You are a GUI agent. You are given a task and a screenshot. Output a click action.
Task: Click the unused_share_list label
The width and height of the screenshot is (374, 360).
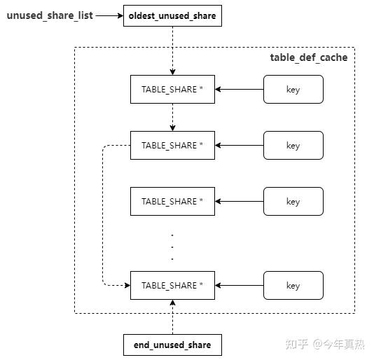50,15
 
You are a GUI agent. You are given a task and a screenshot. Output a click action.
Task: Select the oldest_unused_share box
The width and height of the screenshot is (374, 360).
172,15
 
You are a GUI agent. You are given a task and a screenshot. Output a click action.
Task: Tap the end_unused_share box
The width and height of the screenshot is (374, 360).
172,345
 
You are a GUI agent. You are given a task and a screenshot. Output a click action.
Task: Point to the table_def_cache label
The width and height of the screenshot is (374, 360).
308,57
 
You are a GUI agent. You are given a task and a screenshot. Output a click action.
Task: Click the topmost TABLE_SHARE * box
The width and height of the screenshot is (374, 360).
172,90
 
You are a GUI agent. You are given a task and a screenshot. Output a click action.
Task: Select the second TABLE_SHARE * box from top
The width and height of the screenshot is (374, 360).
172,146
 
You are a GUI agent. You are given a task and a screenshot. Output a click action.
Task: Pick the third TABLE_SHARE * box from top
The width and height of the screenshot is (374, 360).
172,202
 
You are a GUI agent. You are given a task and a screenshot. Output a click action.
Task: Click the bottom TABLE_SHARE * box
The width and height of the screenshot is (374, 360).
172,286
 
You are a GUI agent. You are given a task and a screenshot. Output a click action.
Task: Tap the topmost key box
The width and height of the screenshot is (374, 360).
293,90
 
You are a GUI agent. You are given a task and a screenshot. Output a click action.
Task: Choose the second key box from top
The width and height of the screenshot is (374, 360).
293,146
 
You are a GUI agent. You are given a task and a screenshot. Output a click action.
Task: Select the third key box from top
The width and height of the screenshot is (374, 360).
293,202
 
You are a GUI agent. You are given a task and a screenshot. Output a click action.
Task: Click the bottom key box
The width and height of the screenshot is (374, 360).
293,286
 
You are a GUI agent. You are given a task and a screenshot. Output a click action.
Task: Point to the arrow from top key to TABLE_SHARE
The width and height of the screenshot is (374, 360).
239,90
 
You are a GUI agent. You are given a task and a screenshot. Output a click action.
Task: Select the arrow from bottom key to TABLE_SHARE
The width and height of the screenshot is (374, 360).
239,286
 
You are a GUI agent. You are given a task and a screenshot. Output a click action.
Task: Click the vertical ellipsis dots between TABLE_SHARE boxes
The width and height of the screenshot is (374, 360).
172,246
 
